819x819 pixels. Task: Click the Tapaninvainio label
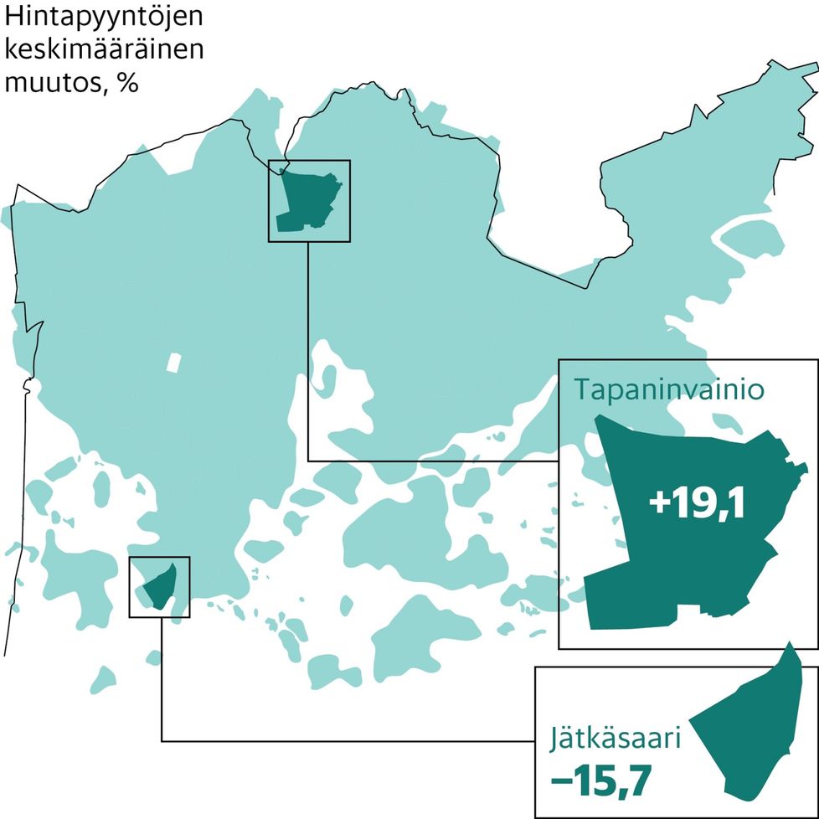667,390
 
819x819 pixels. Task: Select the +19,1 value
697,504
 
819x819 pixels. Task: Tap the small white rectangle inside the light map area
173,362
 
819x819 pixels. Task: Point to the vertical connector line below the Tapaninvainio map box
309,352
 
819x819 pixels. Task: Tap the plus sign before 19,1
659,505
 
